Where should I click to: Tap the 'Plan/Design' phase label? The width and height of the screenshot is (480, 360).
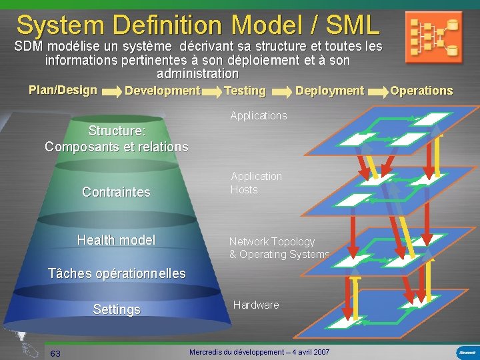(63, 90)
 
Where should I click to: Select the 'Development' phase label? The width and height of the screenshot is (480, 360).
(163, 91)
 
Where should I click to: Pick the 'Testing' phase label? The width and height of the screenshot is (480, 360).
(245, 91)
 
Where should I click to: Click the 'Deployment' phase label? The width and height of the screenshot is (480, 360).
(329, 91)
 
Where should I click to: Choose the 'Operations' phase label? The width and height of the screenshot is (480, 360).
(421, 91)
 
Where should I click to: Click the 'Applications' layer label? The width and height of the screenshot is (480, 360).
(259, 115)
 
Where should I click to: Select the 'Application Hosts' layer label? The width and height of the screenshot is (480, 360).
(256, 183)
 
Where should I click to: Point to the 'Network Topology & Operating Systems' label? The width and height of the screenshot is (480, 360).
(279, 248)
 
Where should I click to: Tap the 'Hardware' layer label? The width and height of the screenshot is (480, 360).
(256, 305)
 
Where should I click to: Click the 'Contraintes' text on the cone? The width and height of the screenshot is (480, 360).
(116, 192)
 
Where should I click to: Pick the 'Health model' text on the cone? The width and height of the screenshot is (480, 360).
(116, 240)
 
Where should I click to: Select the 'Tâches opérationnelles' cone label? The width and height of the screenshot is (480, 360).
(117, 273)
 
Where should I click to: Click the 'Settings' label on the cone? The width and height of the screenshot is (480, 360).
(117, 309)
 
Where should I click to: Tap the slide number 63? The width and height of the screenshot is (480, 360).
(55, 353)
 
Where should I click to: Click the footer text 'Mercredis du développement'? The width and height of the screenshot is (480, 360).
(259, 351)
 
